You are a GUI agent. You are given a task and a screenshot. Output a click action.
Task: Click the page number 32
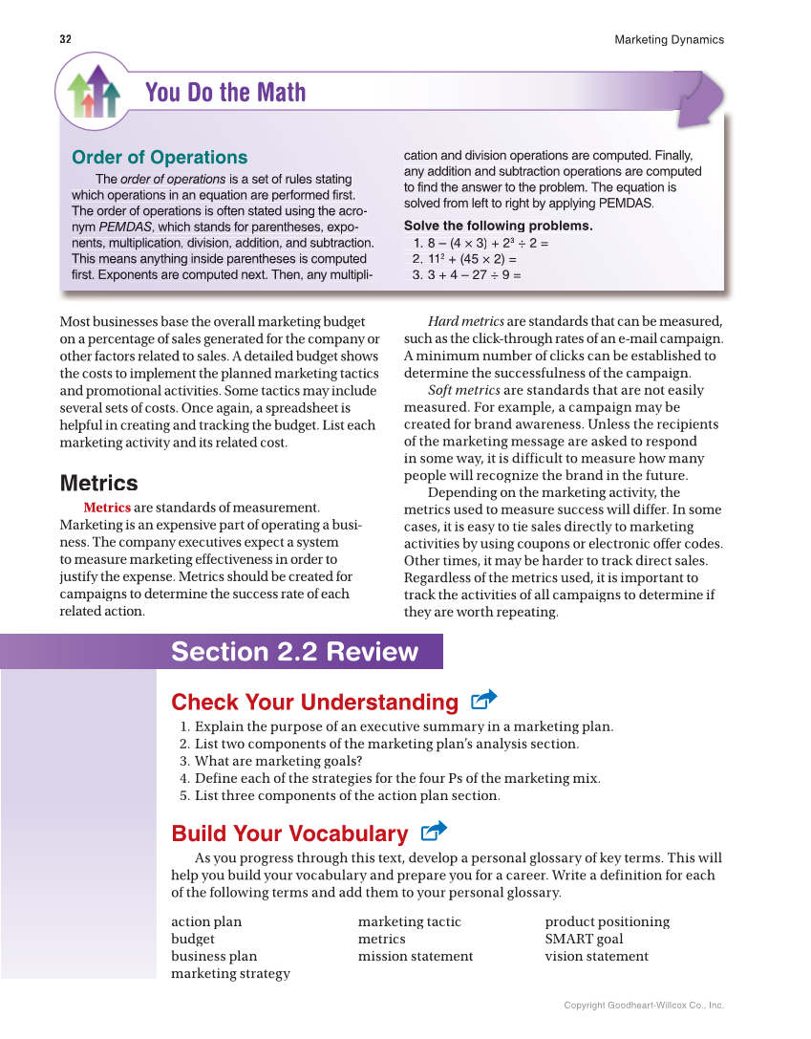(x=65, y=40)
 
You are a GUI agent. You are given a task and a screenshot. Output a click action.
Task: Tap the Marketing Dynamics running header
(x=669, y=40)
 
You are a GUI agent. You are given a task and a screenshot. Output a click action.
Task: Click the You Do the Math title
(x=225, y=93)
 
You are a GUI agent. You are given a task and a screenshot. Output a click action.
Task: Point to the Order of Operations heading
(x=160, y=158)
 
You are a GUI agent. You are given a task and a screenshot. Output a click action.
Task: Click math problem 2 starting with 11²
(x=464, y=259)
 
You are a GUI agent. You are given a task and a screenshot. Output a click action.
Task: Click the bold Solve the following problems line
(x=498, y=227)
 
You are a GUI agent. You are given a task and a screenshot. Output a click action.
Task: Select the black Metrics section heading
(x=98, y=483)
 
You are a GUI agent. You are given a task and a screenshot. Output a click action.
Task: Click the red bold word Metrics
(x=107, y=508)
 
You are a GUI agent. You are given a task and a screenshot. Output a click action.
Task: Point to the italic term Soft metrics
(x=462, y=390)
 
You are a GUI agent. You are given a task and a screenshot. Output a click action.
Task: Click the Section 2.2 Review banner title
(x=294, y=652)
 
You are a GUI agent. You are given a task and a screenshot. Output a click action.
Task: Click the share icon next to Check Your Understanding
(x=484, y=701)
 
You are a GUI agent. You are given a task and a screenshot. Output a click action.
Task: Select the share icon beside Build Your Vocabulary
(x=434, y=832)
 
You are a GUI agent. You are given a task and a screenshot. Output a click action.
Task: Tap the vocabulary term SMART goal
(x=584, y=939)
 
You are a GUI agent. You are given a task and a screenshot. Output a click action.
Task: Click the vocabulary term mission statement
(x=415, y=956)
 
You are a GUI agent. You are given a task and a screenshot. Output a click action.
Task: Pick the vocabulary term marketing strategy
(x=230, y=973)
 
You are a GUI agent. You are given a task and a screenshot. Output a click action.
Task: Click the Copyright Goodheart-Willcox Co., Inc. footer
(x=643, y=1006)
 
